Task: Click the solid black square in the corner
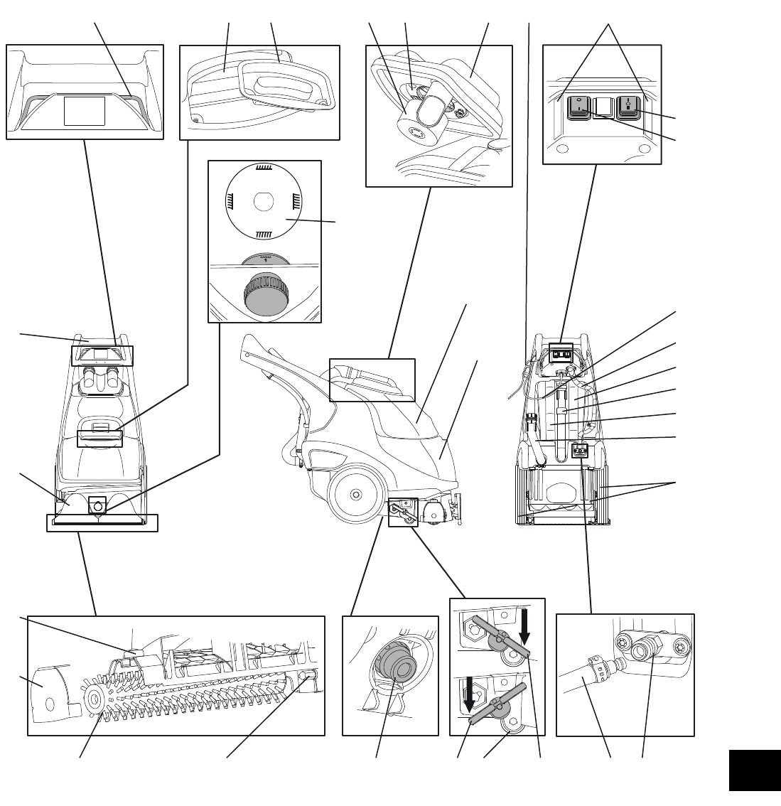tap(754, 769)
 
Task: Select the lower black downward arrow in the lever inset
tap(469, 694)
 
